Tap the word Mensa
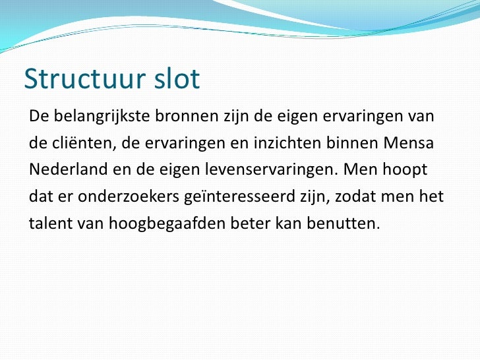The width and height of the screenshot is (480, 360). tap(413, 144)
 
